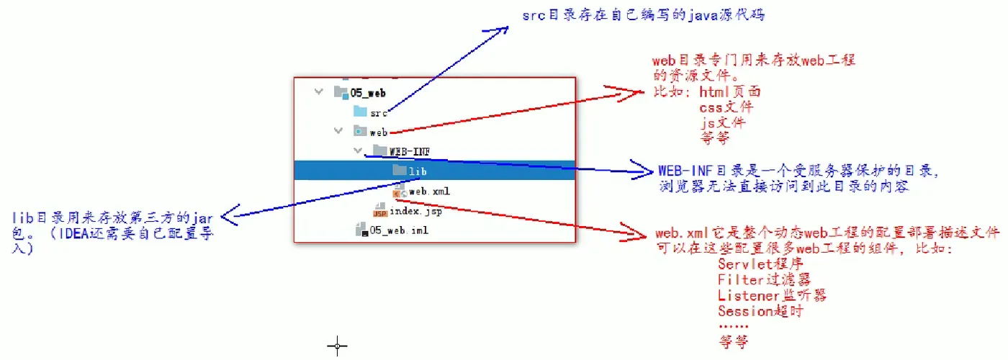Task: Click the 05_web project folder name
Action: pyautogui.click(x=368, y=93)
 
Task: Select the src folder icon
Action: pyautogui.click(x=360, y=112)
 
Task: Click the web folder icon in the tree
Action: pyautogui.click(x=360, y=131)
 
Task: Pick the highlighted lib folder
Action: pyautogui.click(x=418, y=171)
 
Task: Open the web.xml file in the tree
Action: pyautogui.click(x=429, y=191)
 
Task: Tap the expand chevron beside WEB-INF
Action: pyautogui.click(x=358, y=151)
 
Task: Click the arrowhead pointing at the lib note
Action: pyautogui.click(x=226, y=215)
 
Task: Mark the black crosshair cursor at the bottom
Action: pyautogui.click(x=337, y=346)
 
